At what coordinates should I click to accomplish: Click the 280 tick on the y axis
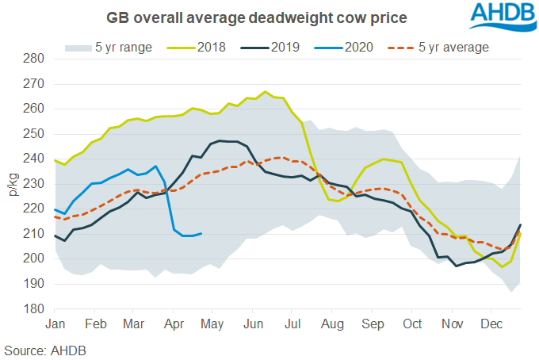[x=33, y=59]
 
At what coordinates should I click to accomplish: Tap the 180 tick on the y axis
[x=33, y=308]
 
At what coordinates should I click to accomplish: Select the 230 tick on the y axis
[x=33, y=184]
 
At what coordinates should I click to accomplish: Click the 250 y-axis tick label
[x=33, y=134]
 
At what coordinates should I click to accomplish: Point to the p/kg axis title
[x=11, y=184]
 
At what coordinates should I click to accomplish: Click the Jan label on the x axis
[x=55, y=325]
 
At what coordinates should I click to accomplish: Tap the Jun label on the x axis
[x=254, y=325]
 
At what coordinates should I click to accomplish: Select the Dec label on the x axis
[x=492, y=325]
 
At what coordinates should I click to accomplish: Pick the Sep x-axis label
[x=373, y=325]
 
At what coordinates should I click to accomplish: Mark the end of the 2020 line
[x=202, y=233]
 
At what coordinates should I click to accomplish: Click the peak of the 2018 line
[x=265, y=91]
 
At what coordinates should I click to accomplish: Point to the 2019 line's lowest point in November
[x=457, y=266]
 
